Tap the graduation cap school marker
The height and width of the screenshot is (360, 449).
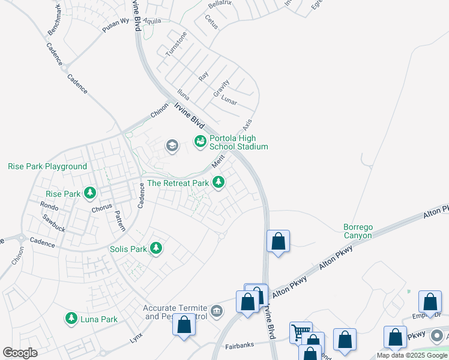coord(172,145)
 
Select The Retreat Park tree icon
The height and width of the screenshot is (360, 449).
coord(218,182)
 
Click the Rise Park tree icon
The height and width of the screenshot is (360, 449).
coord(90,193)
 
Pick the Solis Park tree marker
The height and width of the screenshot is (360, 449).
coord(156,248)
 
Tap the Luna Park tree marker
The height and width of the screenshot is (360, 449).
coord(71,319)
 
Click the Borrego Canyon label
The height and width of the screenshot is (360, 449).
coord(357,231)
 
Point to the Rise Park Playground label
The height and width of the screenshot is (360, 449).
coord(47,166)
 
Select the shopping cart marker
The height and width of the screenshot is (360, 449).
coord(300,332)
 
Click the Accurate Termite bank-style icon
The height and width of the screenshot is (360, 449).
coord(216,311)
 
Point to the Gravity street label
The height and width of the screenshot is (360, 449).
coord(221,89)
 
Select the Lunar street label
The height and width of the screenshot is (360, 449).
coord(229,98)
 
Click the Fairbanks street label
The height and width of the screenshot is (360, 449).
coord(240,346)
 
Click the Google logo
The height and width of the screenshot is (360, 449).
coord(20,353)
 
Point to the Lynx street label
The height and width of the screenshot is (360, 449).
coord(136,338)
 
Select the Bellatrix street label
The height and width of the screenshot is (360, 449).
coord(220,4)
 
